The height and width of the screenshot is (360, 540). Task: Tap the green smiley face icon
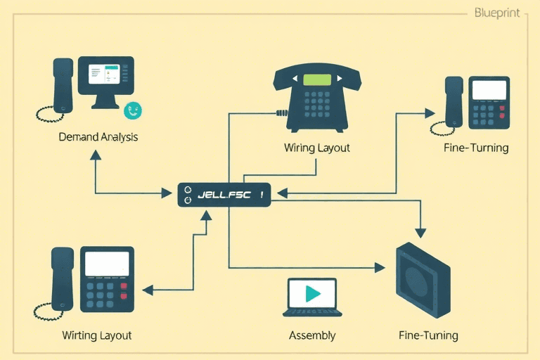coord(132,110)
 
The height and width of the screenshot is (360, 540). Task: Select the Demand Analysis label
coord(98,137)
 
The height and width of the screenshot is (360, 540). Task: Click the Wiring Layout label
coord(316,148)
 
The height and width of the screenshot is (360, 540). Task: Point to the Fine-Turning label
coord(476,148)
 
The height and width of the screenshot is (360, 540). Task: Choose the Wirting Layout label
coord(97,335)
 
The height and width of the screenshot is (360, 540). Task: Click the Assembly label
coord(312,335)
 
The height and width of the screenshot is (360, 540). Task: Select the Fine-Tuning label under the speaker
coord(428,335)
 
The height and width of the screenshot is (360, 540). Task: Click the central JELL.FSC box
coord(224,195)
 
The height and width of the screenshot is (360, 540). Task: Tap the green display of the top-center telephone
coord(316,79)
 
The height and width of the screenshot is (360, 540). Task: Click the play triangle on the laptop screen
coord(313,293)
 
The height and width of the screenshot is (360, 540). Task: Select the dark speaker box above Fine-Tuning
coord(422,279)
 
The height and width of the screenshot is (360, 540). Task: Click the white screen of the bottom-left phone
coord(107,264)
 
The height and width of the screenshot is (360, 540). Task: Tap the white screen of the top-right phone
coord(489,90)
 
